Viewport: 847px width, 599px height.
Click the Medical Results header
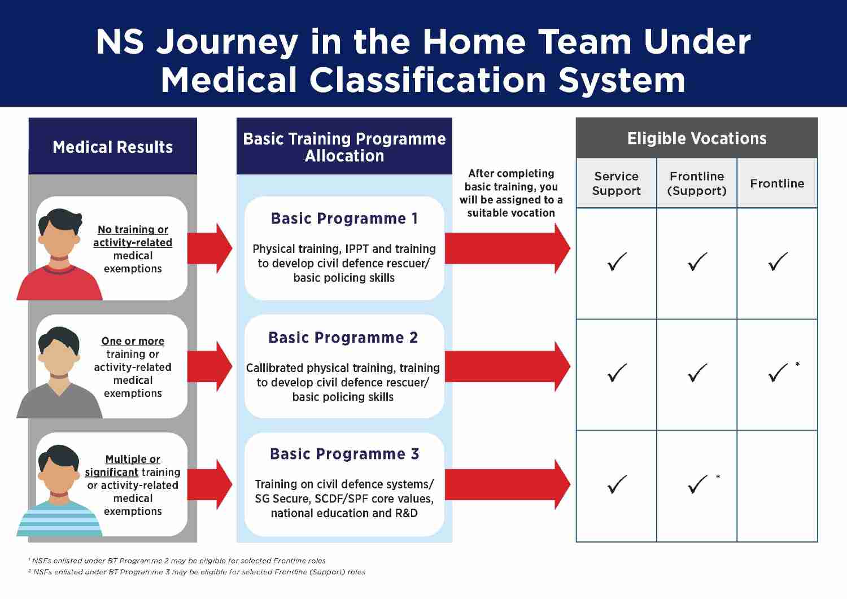click(112, 147)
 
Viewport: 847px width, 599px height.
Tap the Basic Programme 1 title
click(344, 218)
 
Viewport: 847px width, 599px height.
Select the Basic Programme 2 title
click(343, 338)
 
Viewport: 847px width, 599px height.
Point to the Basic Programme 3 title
click(344, 454)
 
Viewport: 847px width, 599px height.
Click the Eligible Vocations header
click(696, 138)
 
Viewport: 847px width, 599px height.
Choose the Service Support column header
click(616, 183)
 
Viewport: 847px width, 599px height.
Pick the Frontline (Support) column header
click(696, 183)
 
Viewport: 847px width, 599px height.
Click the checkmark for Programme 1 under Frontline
click(778, 261)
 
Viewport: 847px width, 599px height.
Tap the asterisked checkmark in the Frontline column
click(778, 373)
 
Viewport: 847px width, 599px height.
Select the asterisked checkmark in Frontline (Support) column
click(698, 484)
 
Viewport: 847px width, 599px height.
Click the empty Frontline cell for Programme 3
click(777, 486)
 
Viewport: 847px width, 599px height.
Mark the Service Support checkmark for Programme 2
click(617, 373)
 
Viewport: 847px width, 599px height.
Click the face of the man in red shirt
click(59, 237)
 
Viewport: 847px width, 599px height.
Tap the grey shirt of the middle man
click(59, 401)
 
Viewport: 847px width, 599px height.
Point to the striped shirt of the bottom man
click(59, 519)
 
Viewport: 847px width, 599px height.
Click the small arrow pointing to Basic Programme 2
click(210, 366)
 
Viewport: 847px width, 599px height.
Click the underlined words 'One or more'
click(133, 341)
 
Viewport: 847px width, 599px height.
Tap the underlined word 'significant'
click(111, 472)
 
